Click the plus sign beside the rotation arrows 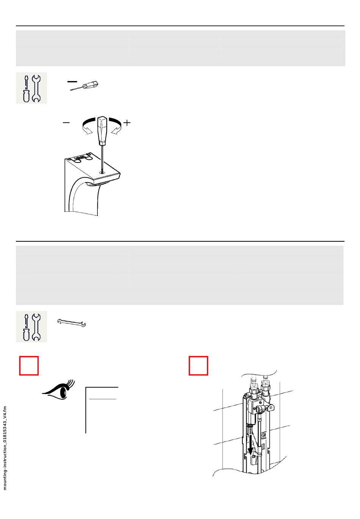(127, 123)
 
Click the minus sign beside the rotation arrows (66, 123)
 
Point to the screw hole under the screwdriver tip (102, 172)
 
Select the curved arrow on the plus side (116, 125)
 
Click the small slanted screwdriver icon (84, 86)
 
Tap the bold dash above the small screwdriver (72, 81)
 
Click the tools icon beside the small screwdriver (31, 88)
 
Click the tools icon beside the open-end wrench (31, 327)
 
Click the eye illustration (58, 391)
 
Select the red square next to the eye (29, 366)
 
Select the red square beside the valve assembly (198, 366)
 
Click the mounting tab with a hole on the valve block (271, 406)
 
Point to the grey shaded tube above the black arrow (250, 430)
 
